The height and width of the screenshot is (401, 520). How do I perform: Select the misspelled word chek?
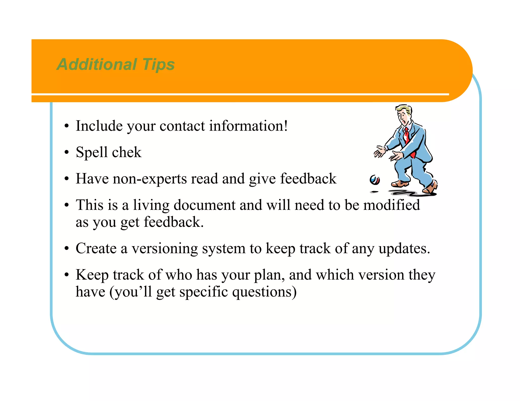126,152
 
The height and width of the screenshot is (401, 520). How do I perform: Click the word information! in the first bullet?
248,126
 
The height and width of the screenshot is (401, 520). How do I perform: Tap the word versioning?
165,248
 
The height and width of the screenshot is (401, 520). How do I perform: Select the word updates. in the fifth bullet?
404,249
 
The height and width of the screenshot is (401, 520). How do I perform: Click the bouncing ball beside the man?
375,180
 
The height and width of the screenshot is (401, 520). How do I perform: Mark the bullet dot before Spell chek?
67,153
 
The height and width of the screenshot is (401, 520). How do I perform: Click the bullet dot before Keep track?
67,275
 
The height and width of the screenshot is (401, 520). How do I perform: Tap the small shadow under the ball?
374,192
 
